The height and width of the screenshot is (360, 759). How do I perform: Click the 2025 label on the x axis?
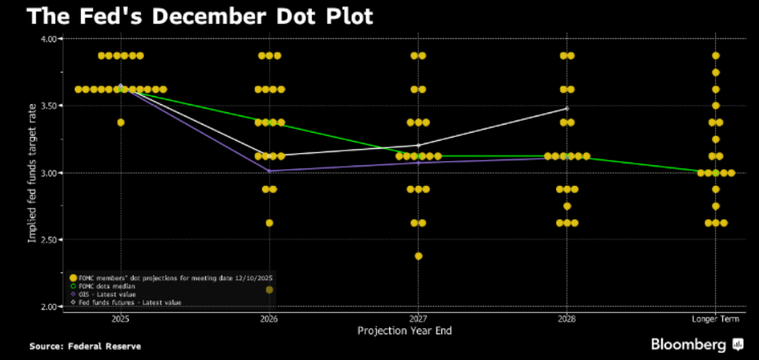[x=121, y=318]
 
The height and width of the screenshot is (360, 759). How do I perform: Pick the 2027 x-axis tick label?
[x=418, y=318]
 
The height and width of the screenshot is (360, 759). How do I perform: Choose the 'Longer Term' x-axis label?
[x=716, y=318]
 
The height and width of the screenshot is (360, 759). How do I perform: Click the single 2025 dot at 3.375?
[x=121, y=122]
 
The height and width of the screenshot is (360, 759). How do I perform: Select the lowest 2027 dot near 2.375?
[x=418, y=256]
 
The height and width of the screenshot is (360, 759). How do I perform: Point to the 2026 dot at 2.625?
[x=270, y=222]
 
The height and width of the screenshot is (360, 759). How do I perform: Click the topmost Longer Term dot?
[x=716, y=55]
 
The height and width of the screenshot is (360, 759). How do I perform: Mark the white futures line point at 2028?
[x=567, y=108]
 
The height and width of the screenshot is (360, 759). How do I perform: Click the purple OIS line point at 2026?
[x=270, y=171]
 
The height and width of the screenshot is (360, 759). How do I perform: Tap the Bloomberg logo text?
[x=689, y=345]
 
